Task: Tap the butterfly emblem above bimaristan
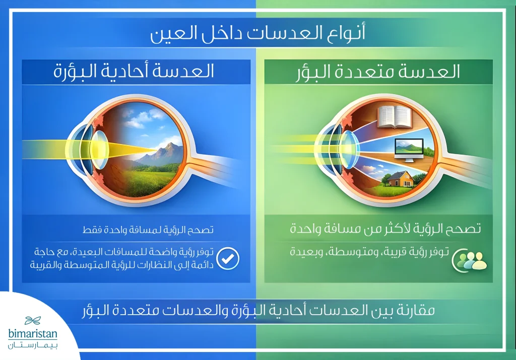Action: tap(34, 320)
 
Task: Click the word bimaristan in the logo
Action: tap(34, 334)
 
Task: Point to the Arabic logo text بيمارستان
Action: tap(34, 346)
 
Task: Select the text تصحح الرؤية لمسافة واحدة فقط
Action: tap(148, 230)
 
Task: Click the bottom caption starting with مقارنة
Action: tap(258, 311)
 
